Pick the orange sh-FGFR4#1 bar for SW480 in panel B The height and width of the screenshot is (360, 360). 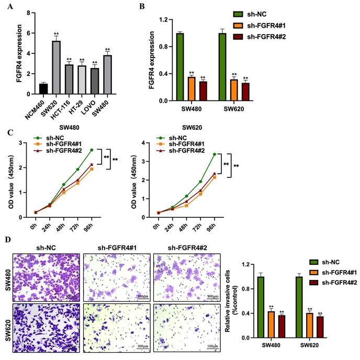[192, 88]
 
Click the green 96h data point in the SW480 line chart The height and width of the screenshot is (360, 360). [92, 150]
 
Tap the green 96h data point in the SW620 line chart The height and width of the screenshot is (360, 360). [214, 154]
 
